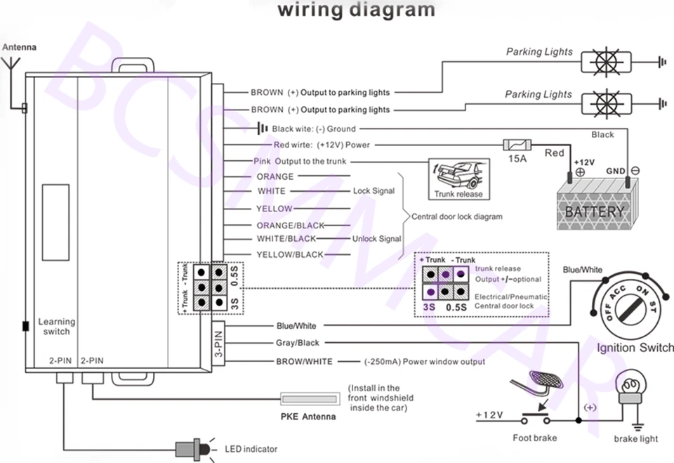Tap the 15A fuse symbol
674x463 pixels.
coord(518,145)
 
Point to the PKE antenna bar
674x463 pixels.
coord(308,398)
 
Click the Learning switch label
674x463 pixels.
coord(57,327)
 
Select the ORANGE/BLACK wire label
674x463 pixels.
coord(290,225)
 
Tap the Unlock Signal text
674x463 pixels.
coord(379,239)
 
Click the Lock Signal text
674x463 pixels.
coord(374,191)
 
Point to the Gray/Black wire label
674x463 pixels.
coord(298,343)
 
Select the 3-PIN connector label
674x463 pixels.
coord(218,344)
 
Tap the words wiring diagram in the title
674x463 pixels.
coord(356,10)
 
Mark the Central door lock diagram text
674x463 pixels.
coord(456,216)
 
